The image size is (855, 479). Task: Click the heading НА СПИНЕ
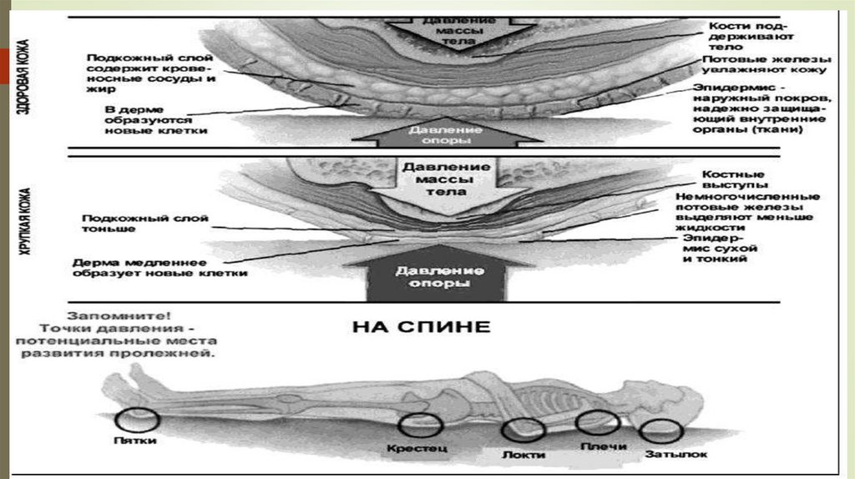(421, 325)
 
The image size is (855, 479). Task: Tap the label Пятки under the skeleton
(134, 440)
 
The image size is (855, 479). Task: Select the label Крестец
(417, 448)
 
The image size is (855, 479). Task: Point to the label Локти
(524, 455)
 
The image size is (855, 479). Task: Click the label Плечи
(604, 447)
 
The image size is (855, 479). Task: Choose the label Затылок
(676, 455)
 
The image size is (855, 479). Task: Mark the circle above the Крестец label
(417, 426)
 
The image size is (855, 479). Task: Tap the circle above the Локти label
(524, 431)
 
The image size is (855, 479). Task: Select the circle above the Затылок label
(660, 431)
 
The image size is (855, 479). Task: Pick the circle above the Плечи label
(598, 424)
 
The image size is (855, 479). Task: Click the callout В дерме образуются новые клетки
(155, 119)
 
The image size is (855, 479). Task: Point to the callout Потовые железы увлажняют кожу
(766, 66)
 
